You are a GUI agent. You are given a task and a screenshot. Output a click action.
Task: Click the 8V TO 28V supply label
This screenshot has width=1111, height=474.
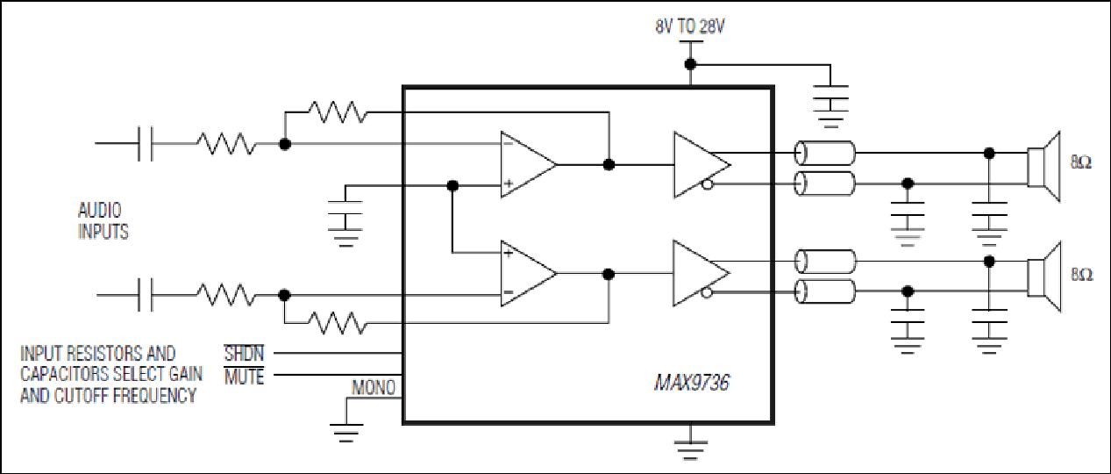click(690, 26)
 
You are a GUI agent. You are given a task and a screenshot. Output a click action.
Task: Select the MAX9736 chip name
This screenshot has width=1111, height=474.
click(692, 383)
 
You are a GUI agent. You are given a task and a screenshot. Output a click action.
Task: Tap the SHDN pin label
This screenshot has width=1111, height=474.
click(244, 354)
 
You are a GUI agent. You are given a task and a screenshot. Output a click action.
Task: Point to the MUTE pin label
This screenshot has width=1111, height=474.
click(244, 377)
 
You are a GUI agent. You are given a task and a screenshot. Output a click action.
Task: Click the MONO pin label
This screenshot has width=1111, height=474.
click(374, 387)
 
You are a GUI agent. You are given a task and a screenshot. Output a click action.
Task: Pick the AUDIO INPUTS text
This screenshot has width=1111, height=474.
click(103, 221)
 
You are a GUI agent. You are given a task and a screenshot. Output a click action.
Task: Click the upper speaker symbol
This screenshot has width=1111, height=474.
click(1043, 167)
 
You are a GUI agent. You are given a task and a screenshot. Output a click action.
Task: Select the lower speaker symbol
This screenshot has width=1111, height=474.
click(1043, 276)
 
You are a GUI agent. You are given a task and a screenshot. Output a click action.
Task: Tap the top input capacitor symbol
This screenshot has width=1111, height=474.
click(146, 143)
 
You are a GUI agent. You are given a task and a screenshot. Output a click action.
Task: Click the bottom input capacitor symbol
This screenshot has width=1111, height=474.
click(146, 295)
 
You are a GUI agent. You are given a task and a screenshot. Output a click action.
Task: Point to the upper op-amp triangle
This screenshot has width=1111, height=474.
click(528, 164)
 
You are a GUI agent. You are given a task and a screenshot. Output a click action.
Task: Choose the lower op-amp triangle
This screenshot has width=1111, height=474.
click(528, 274)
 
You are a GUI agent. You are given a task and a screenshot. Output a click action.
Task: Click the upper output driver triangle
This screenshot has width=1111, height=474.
click(701, 164)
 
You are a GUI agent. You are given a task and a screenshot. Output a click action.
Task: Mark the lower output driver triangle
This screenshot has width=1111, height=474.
click(701, 273)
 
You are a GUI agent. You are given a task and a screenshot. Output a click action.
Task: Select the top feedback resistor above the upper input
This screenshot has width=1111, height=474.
click(338, 112)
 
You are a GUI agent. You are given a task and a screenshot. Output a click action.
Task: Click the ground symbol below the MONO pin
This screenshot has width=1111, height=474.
click(346, 433)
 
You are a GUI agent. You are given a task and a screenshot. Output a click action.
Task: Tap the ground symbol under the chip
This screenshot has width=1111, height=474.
click(690, 450)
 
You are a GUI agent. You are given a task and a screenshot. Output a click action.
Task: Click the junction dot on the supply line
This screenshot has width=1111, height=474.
click(690, 64)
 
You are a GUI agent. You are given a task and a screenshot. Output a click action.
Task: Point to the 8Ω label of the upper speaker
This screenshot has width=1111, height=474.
click(1081, 162)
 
